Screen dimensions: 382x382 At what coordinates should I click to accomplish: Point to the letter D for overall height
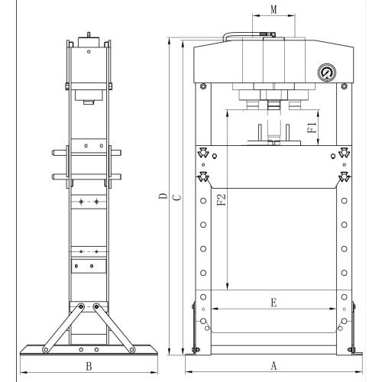coord(162,198)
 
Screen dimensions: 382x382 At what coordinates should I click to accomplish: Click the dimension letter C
coord(176,198)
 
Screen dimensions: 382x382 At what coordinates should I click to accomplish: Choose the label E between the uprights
coord(274,302)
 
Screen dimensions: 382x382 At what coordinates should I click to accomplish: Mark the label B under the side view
coord(89,366)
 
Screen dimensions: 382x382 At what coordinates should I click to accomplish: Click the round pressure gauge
coord(326,73)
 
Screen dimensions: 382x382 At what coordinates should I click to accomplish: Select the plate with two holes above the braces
coord(86,267)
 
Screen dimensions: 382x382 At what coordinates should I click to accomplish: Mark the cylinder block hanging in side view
coord(89,96)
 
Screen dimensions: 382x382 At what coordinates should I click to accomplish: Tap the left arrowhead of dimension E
coord(213,309)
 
